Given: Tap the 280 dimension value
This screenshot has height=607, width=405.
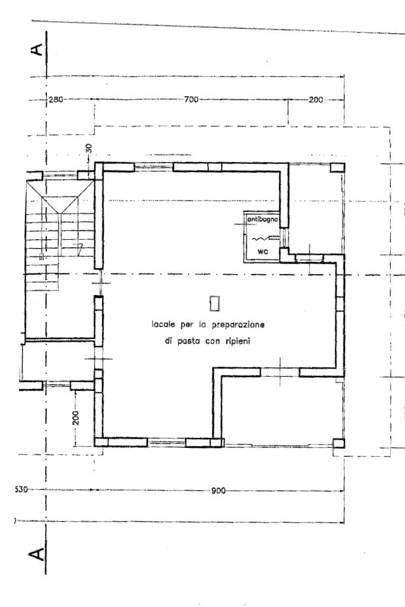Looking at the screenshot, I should pyautogui.click(x=56, y=99).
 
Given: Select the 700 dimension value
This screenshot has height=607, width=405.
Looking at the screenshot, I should pyautogui.click(x=191, y=99).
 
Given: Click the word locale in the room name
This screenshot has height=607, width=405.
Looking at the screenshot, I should pyautogui.click(x=162, y=325).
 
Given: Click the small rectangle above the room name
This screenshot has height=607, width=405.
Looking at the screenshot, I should pyautogui.click(x=215, y=303).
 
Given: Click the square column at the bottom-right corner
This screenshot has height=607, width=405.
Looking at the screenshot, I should pyautogui.click(x=338, y=443).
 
